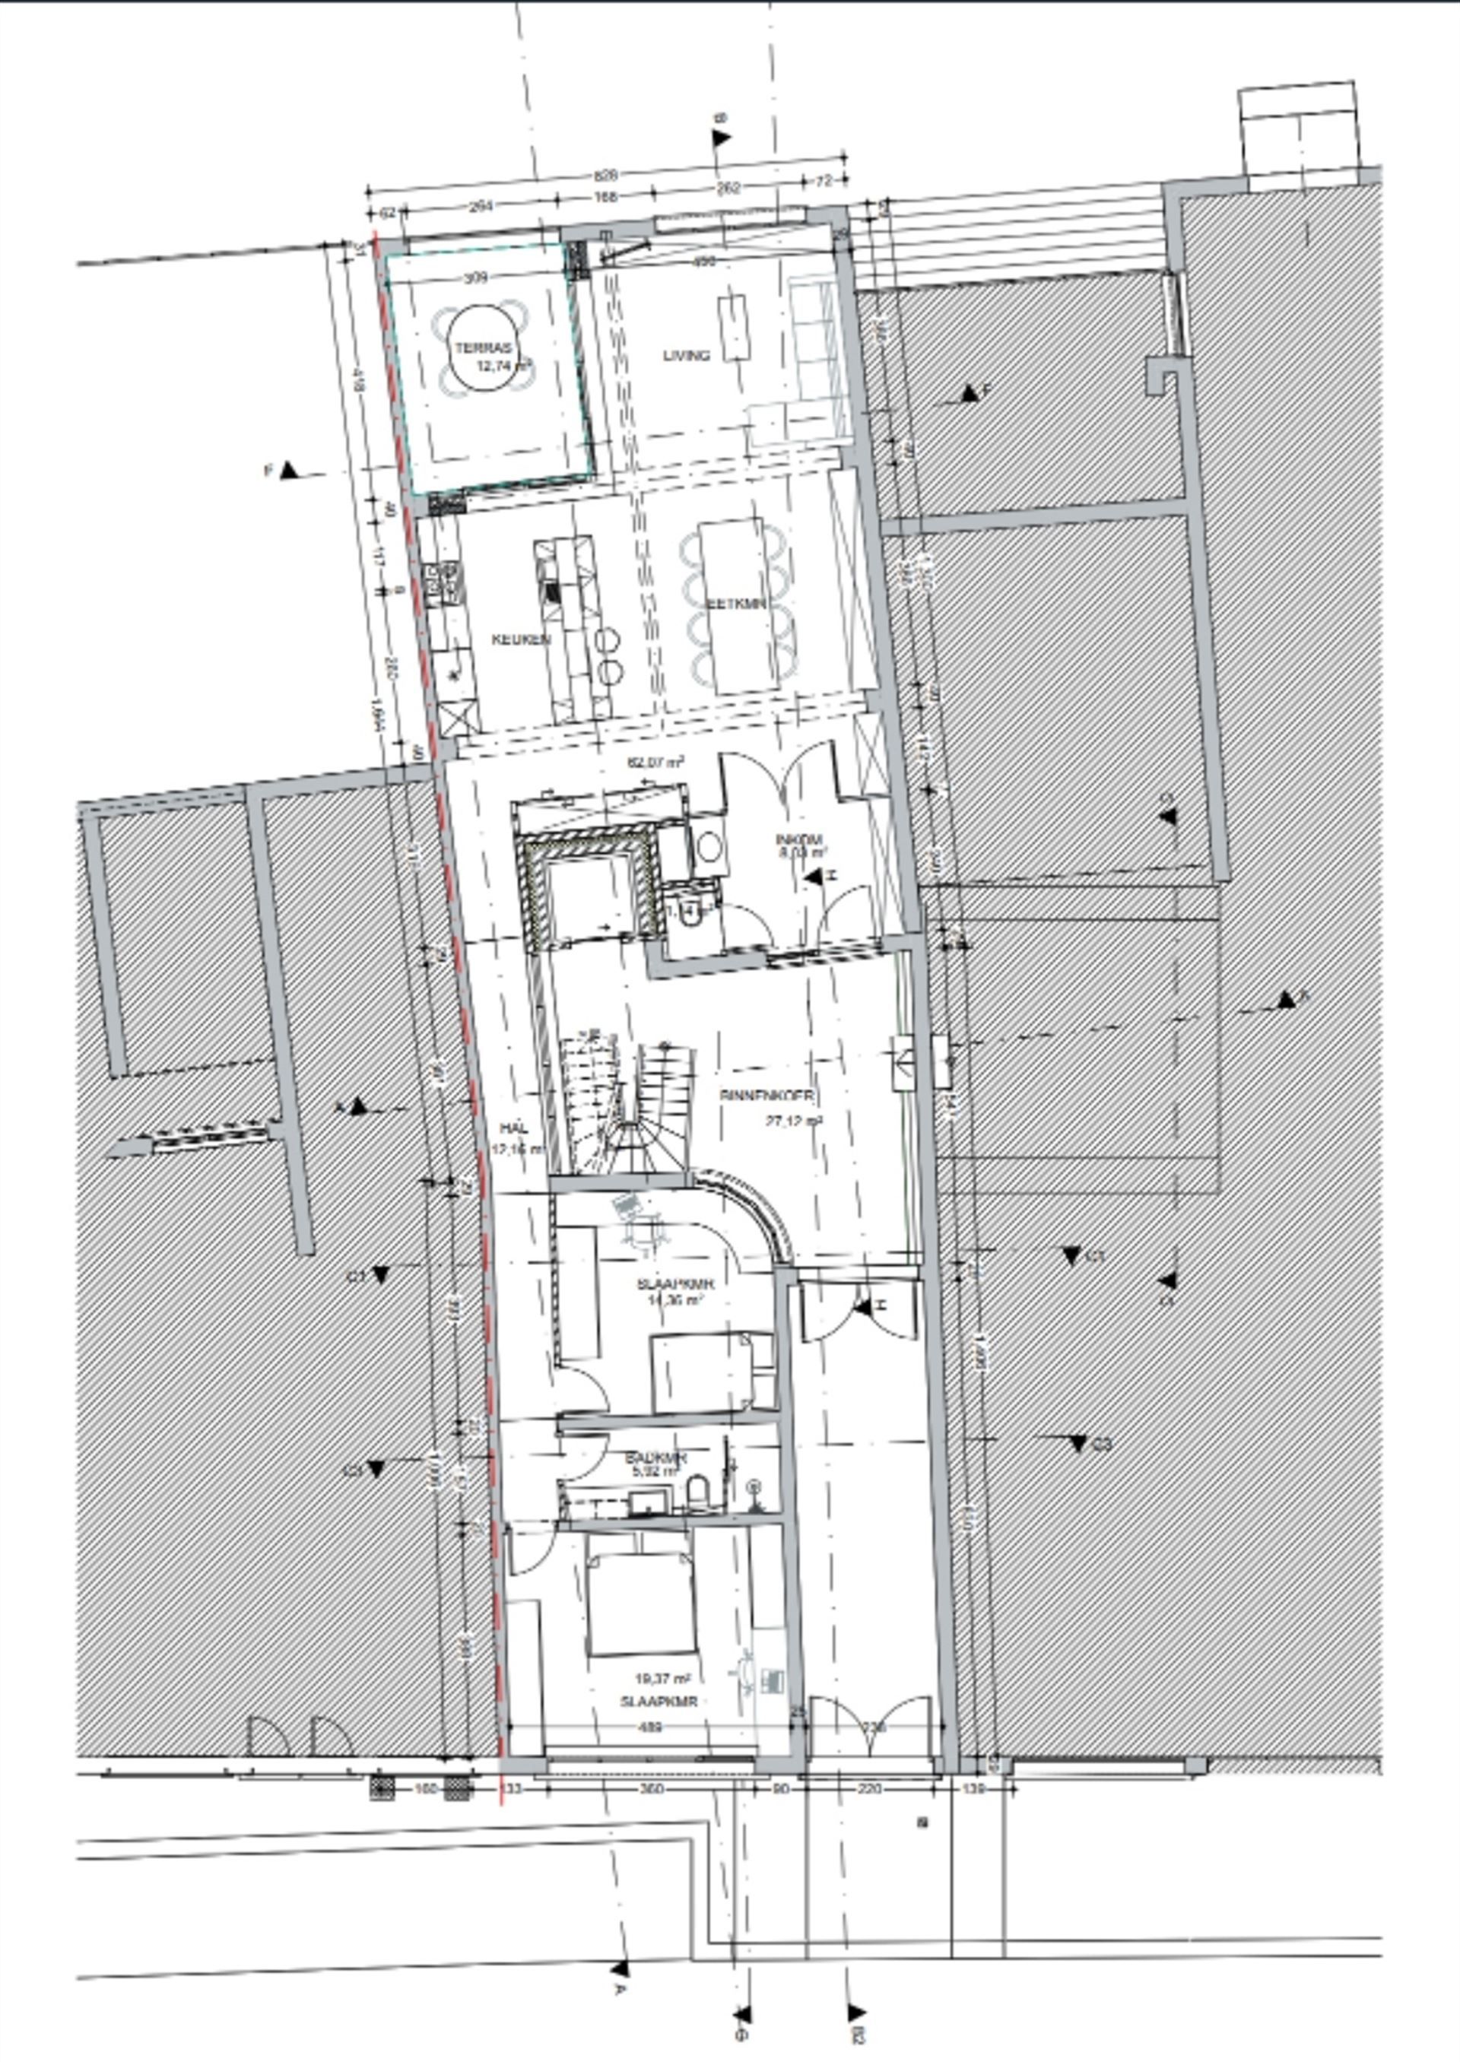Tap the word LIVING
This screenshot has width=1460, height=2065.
tap(687, 355)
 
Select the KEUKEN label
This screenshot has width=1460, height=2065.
tap(521, 639)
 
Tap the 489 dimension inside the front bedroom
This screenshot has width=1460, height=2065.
tap(649, 1727)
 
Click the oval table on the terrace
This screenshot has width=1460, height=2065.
tap(483, 349)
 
